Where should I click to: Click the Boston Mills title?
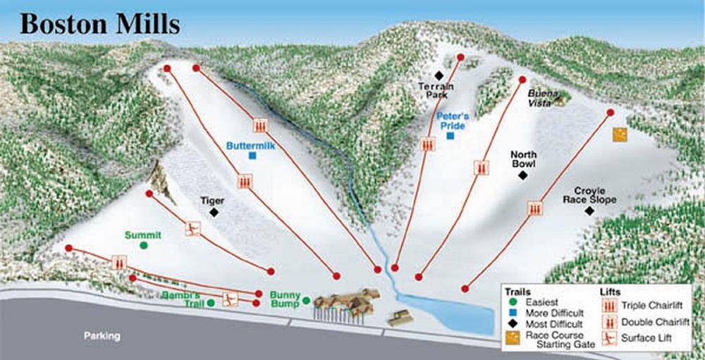tap(99, 23)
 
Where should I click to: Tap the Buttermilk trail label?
tap(250, 146)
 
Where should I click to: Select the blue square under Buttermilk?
tap(252, 156)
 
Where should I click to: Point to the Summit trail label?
tap(143, 235)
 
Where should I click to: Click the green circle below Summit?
tap(144, 245)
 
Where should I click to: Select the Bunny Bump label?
tap(285, 299)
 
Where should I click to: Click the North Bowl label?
tap(523, 159)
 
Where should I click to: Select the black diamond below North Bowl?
tap(522, 175)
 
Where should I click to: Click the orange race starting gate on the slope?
tap(620, 135)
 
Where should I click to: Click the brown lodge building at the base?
tap(346, 304)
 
